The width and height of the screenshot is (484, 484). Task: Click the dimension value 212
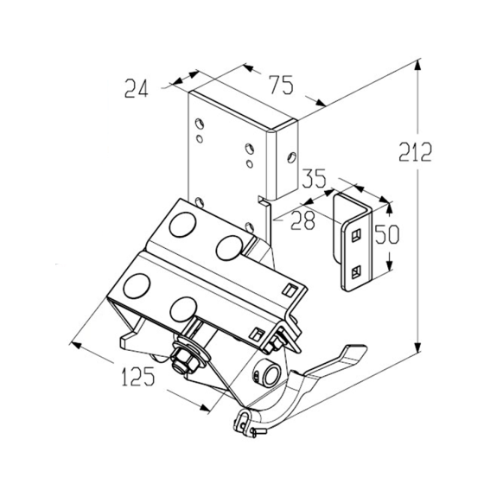[415, 152]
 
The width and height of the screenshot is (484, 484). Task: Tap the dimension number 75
[281, 85]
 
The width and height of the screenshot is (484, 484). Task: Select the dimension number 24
[137, 88]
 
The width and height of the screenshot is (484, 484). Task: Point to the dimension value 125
[138, 377]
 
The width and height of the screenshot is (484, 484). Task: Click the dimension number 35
[314, 178]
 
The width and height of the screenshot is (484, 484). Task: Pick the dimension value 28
[302, 220]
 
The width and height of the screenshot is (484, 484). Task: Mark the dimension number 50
[387, 234]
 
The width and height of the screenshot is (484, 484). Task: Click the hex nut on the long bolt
[183, 361]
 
